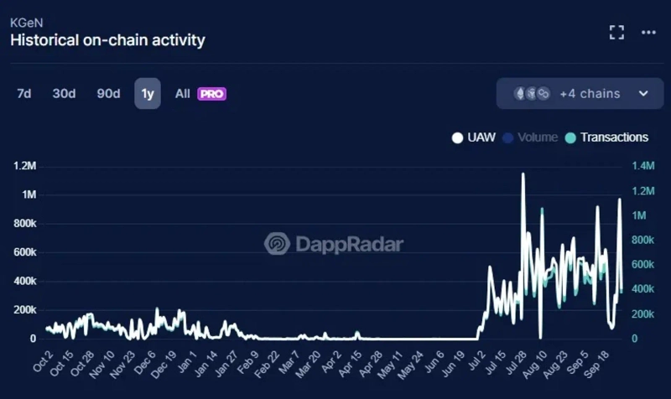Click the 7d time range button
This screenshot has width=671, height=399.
pyautogui.click(x=23, y=94)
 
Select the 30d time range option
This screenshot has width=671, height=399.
pyautogui.click(x=64, y=94)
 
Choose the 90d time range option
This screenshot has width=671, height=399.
pyautogui.click(x=108, y=94)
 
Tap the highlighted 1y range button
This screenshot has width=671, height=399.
pyautogui.click(x=148, y=94)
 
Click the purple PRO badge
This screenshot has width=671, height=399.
pyautogui.click(x=212, y=94)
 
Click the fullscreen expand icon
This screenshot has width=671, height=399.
pyautogui.click(x=616, y=33)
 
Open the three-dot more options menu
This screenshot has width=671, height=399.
pyautogui.click(x=648, y=33)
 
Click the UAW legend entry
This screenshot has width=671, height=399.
pyautogui.click(x=478, y=137)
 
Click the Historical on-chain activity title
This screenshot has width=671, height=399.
pyautogui.click(x=107, y=39)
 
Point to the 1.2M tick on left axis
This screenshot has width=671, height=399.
pyautogui.click(x=24, y=166)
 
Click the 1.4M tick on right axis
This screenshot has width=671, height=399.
pyautogui.click(x=643, y=166)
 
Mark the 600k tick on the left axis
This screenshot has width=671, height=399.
pyautogui.click(x=24, y=252)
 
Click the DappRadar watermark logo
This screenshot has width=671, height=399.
pyautogui.click(x=334, y=244)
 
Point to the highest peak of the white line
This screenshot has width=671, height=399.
pyautogui.click(x=523, y=174)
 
